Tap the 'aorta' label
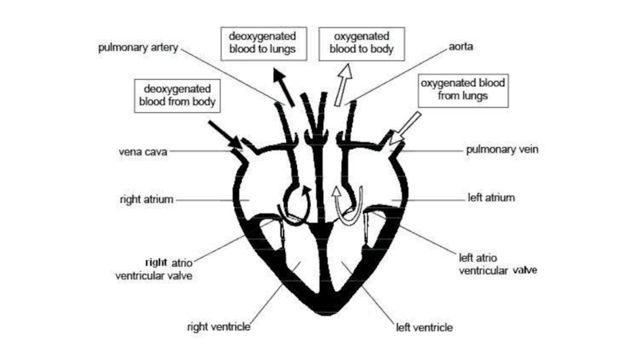462,47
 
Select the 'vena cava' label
141,150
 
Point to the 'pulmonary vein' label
500,150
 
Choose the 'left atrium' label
490,197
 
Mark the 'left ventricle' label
425,326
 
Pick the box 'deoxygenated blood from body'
178,94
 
